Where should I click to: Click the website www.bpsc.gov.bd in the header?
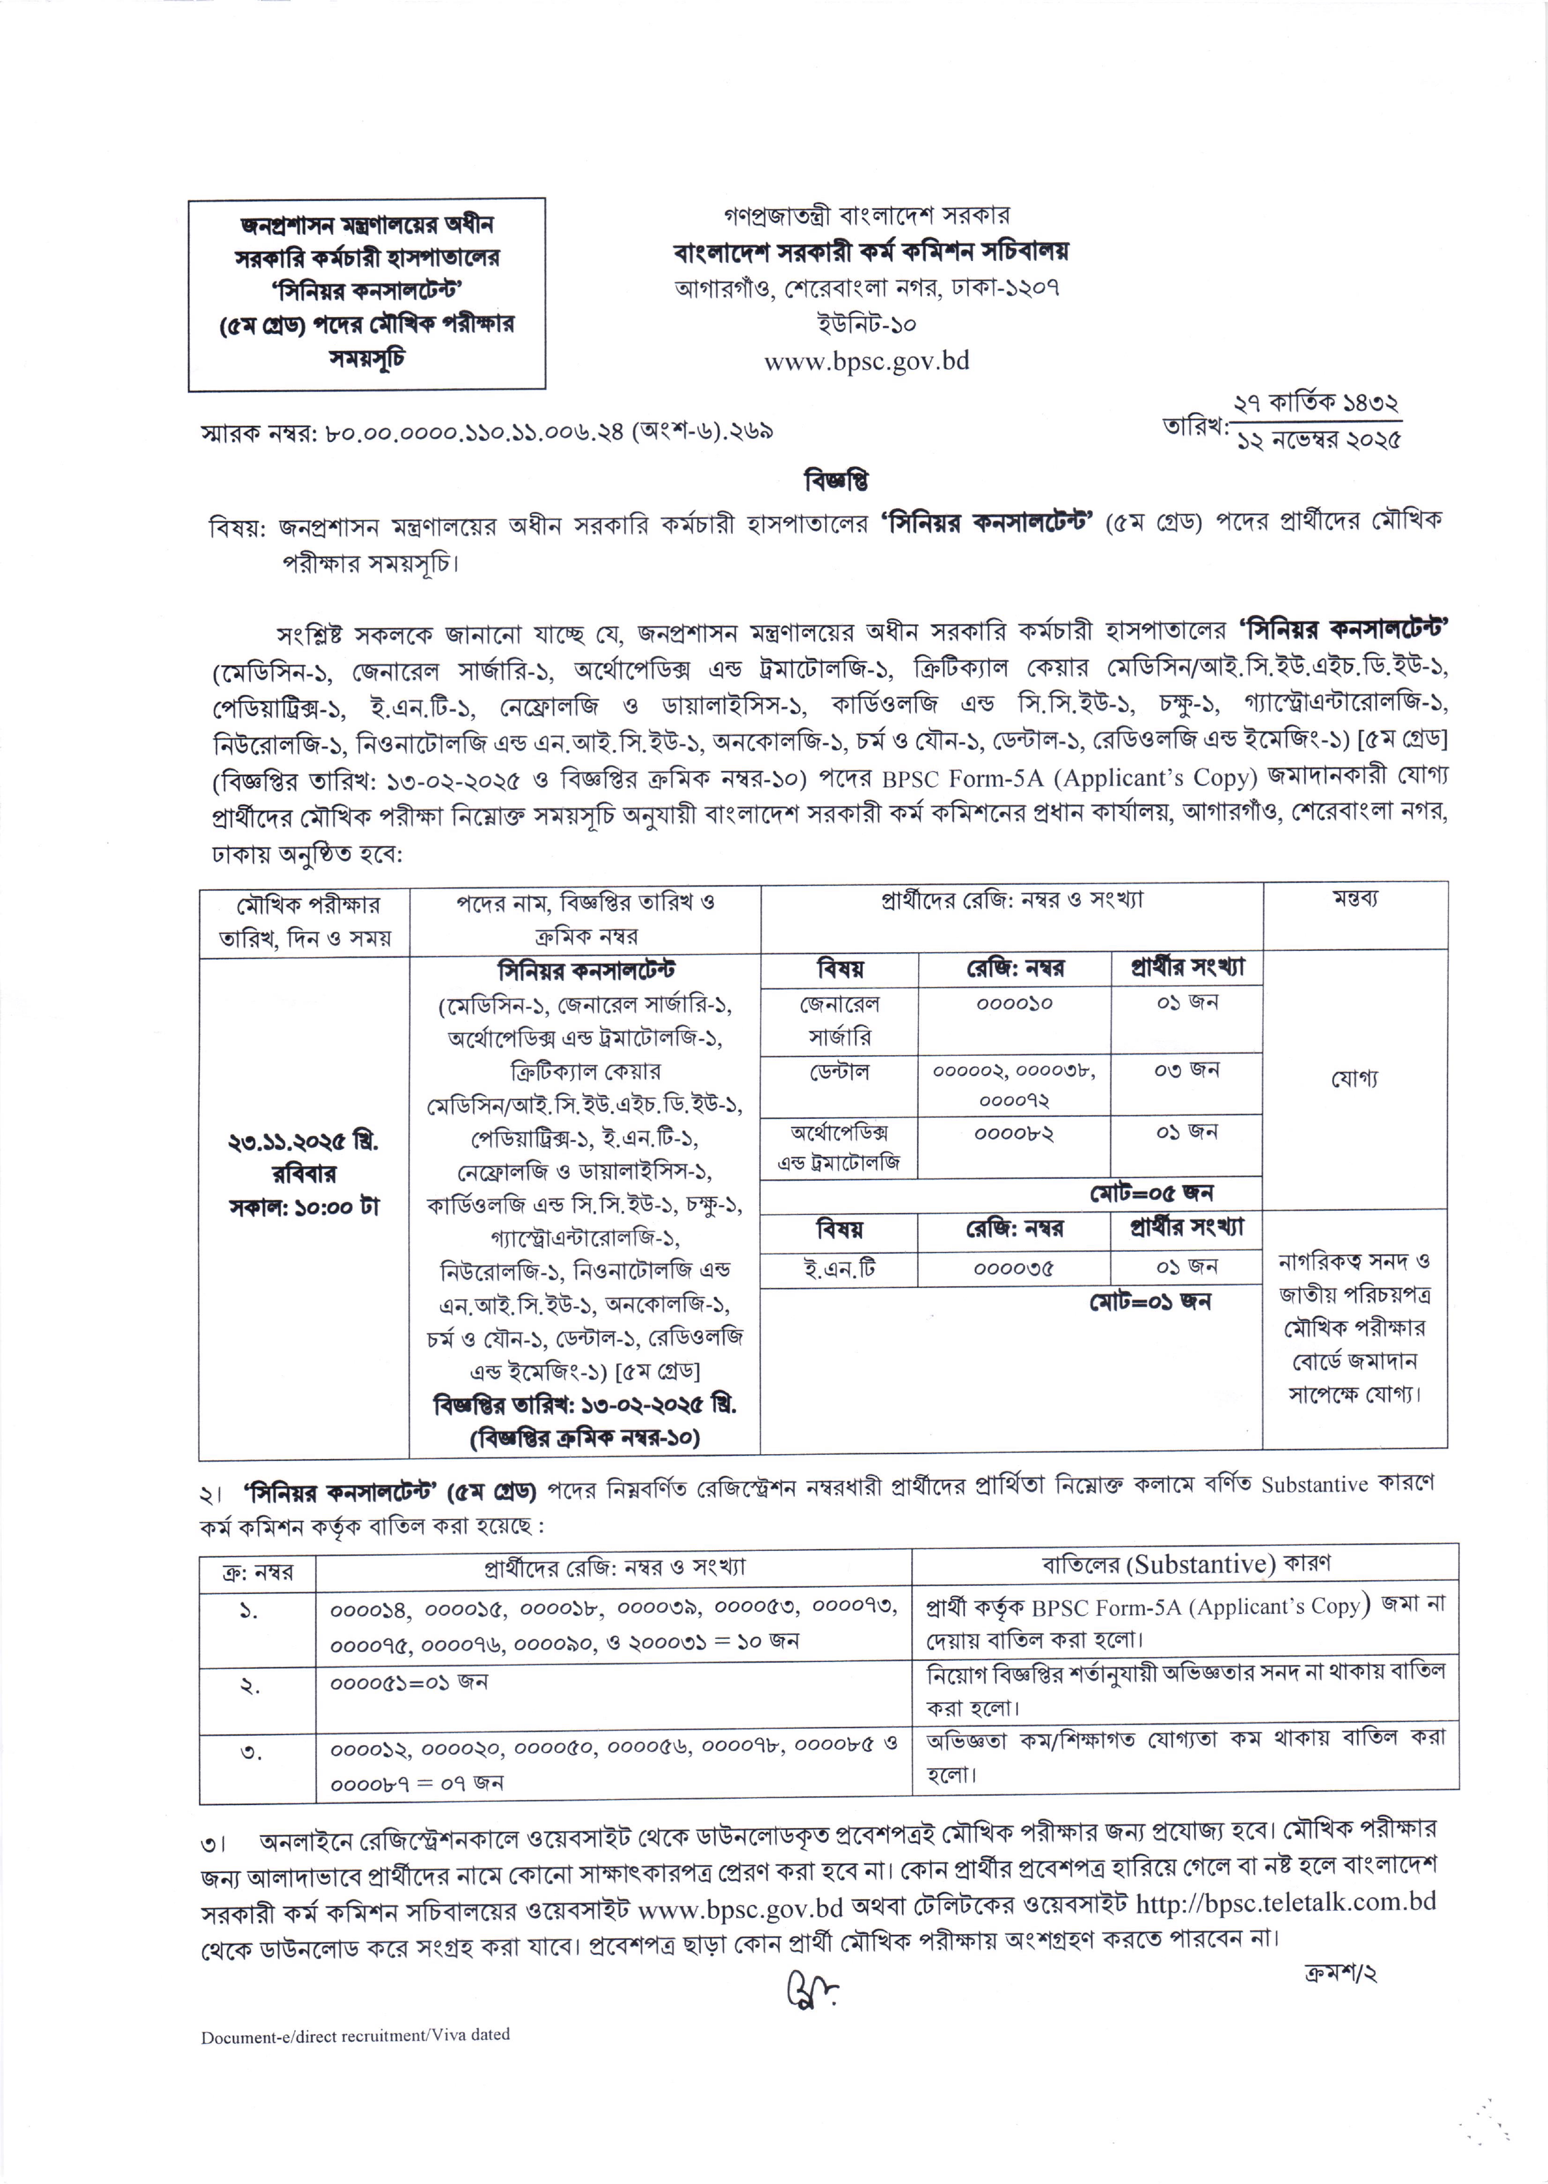866,362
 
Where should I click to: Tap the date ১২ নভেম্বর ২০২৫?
1318,440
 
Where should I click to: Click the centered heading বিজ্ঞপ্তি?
836,481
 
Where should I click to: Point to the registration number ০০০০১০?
1014,1003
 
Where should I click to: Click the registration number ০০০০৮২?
1014,1133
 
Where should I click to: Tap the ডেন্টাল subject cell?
839,1071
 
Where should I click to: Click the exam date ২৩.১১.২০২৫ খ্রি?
303,1141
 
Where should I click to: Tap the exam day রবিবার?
303,1174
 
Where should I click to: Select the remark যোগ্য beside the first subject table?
1354,1078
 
